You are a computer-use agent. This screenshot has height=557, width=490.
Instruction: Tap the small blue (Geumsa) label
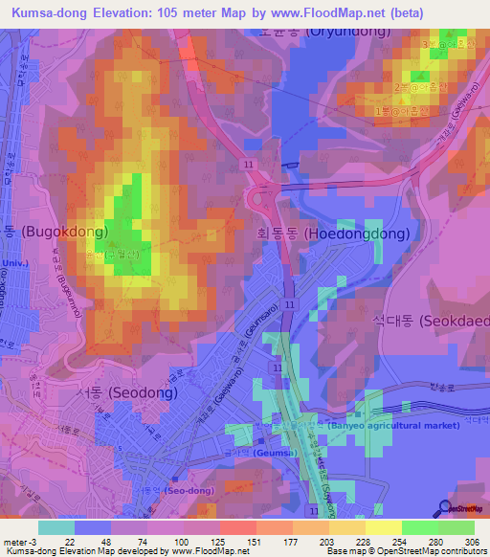[x=276, y=452]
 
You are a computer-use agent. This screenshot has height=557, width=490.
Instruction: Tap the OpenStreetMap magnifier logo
[x=445, y=509]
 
